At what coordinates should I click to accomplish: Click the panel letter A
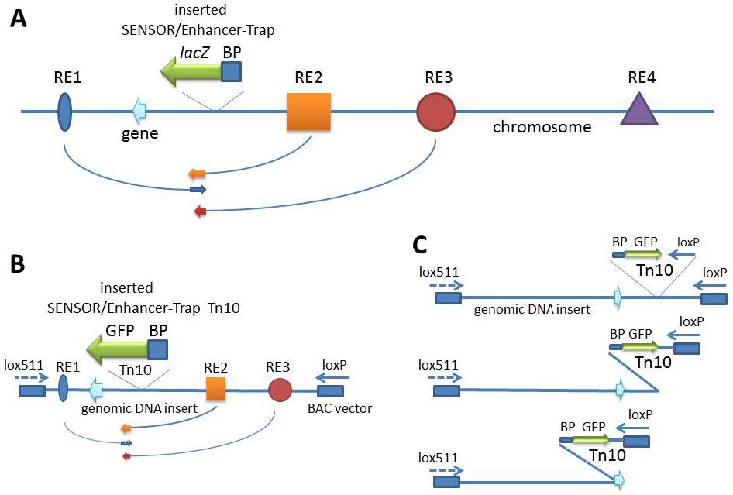[19, 21]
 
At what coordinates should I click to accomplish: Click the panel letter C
[419, 244]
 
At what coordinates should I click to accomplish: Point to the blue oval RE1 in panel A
[65, 112]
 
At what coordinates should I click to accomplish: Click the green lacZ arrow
[191, 73]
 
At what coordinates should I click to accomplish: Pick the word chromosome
[542, 125]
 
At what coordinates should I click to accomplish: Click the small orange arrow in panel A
[197, 174]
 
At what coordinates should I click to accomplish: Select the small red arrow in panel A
[201, 210]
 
